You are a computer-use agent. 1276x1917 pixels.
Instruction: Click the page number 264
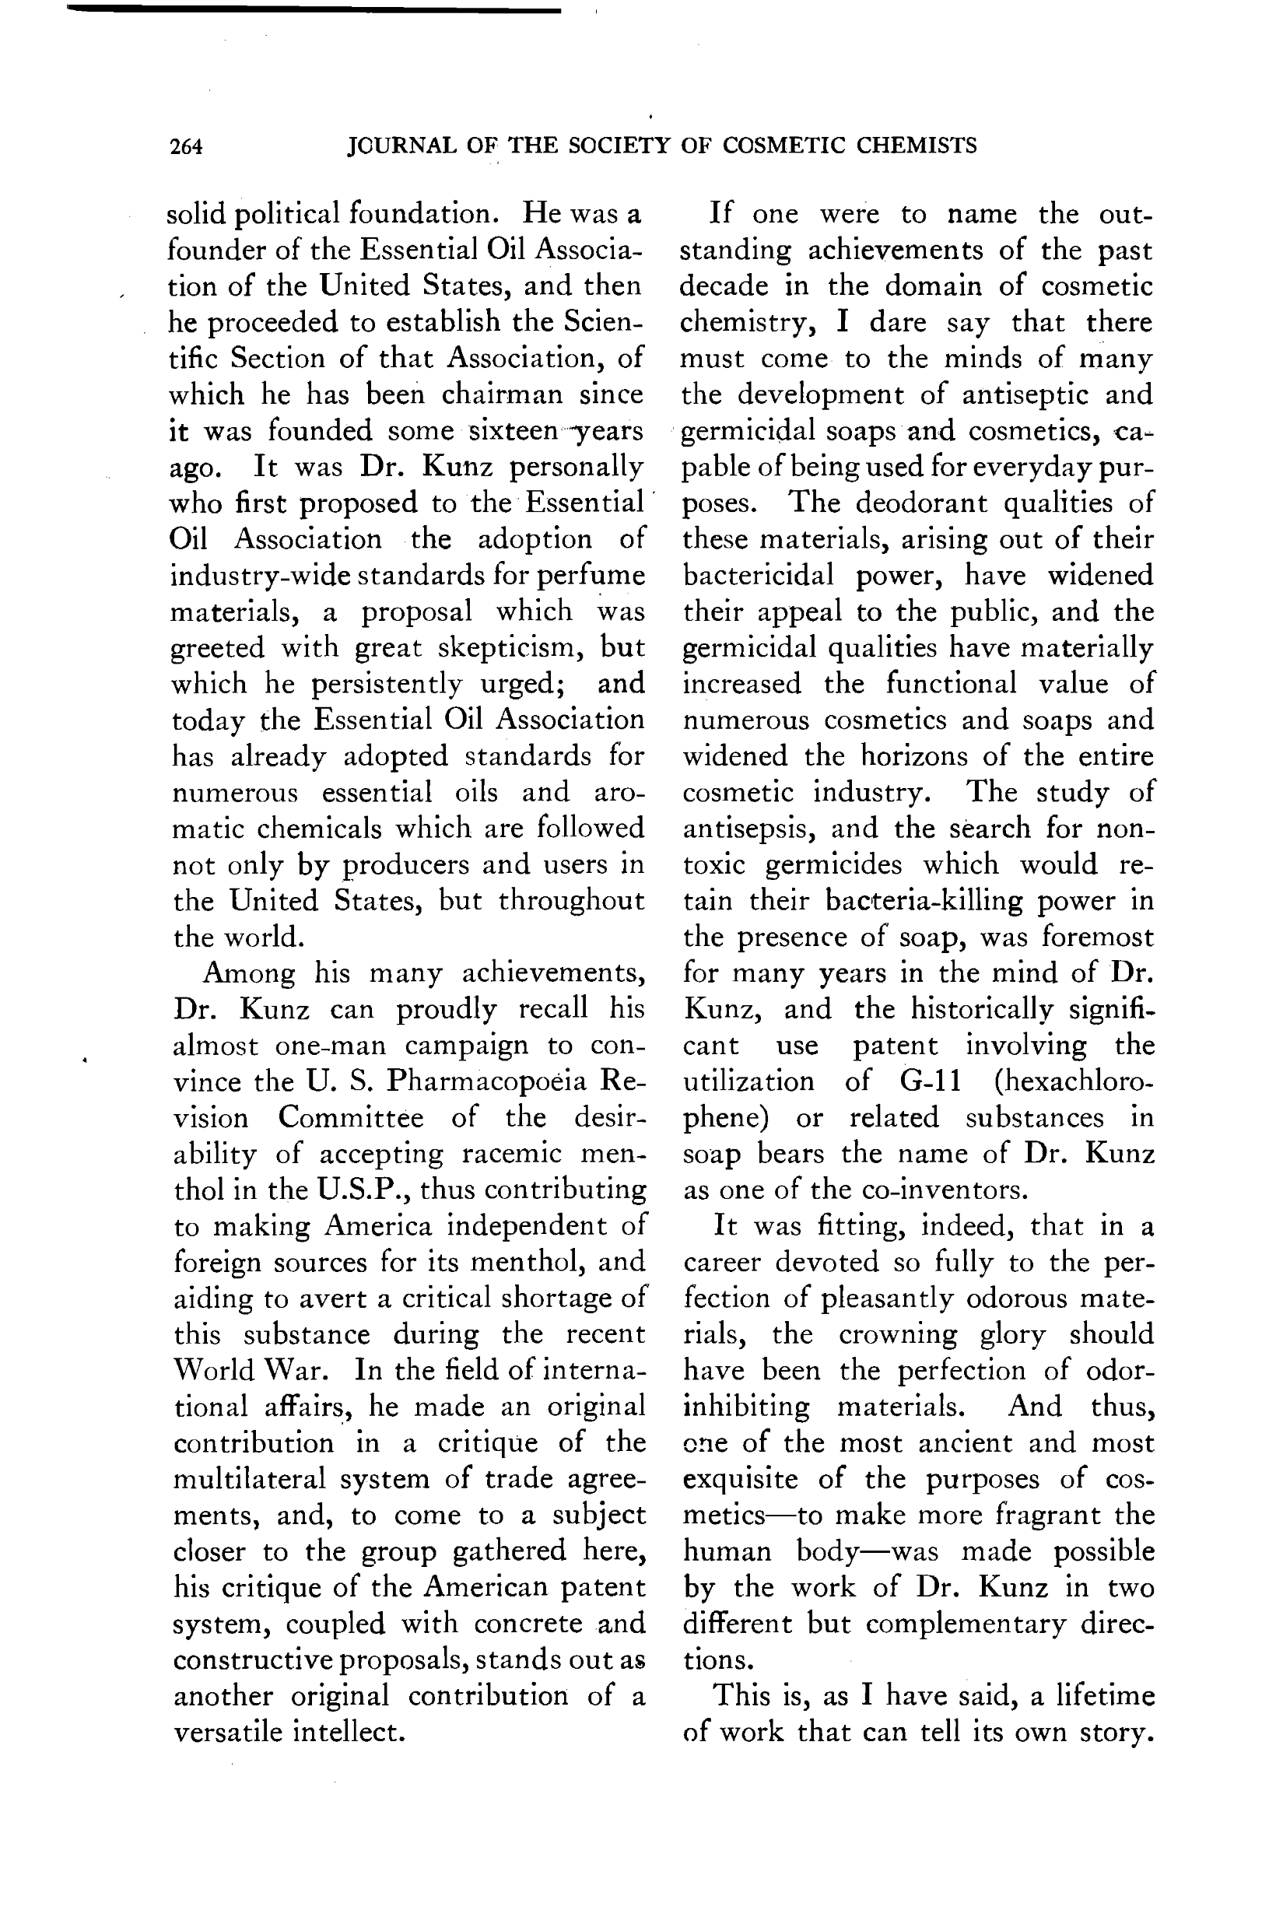click(x=187, y=146)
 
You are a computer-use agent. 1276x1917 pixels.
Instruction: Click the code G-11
click(x=931, y=1081)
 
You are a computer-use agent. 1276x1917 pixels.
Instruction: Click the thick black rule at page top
click(x=314, y=9)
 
